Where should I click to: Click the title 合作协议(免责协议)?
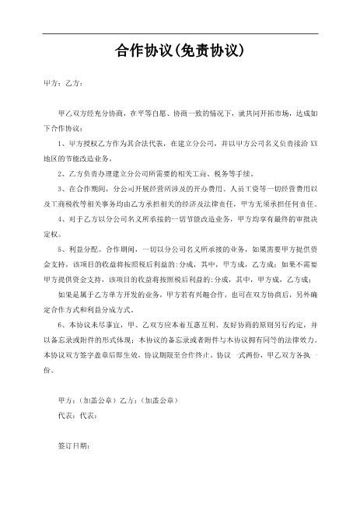coord(180,52)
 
